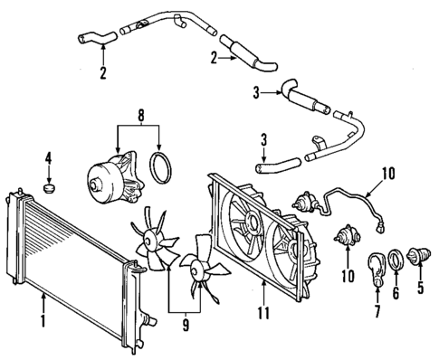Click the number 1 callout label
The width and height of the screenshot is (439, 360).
(43, 319)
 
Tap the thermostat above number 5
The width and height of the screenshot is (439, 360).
(418, 258)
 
